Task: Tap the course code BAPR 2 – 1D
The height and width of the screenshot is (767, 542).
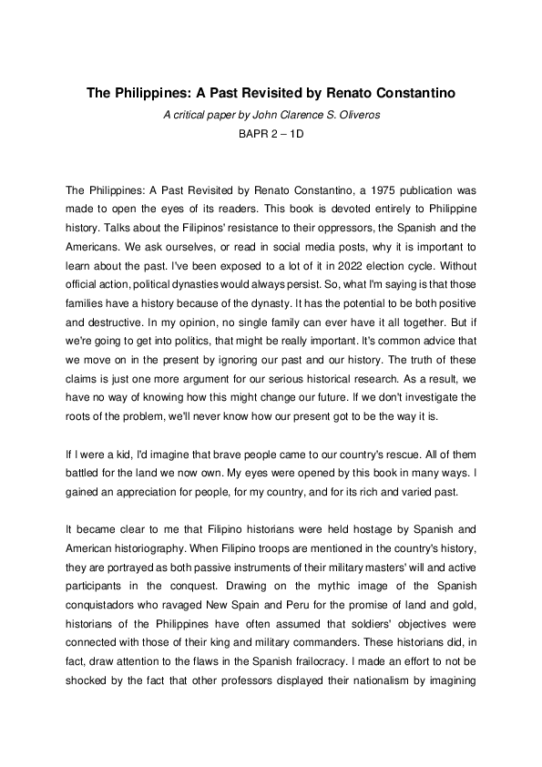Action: pyautogui.click(x=271, y=134)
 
